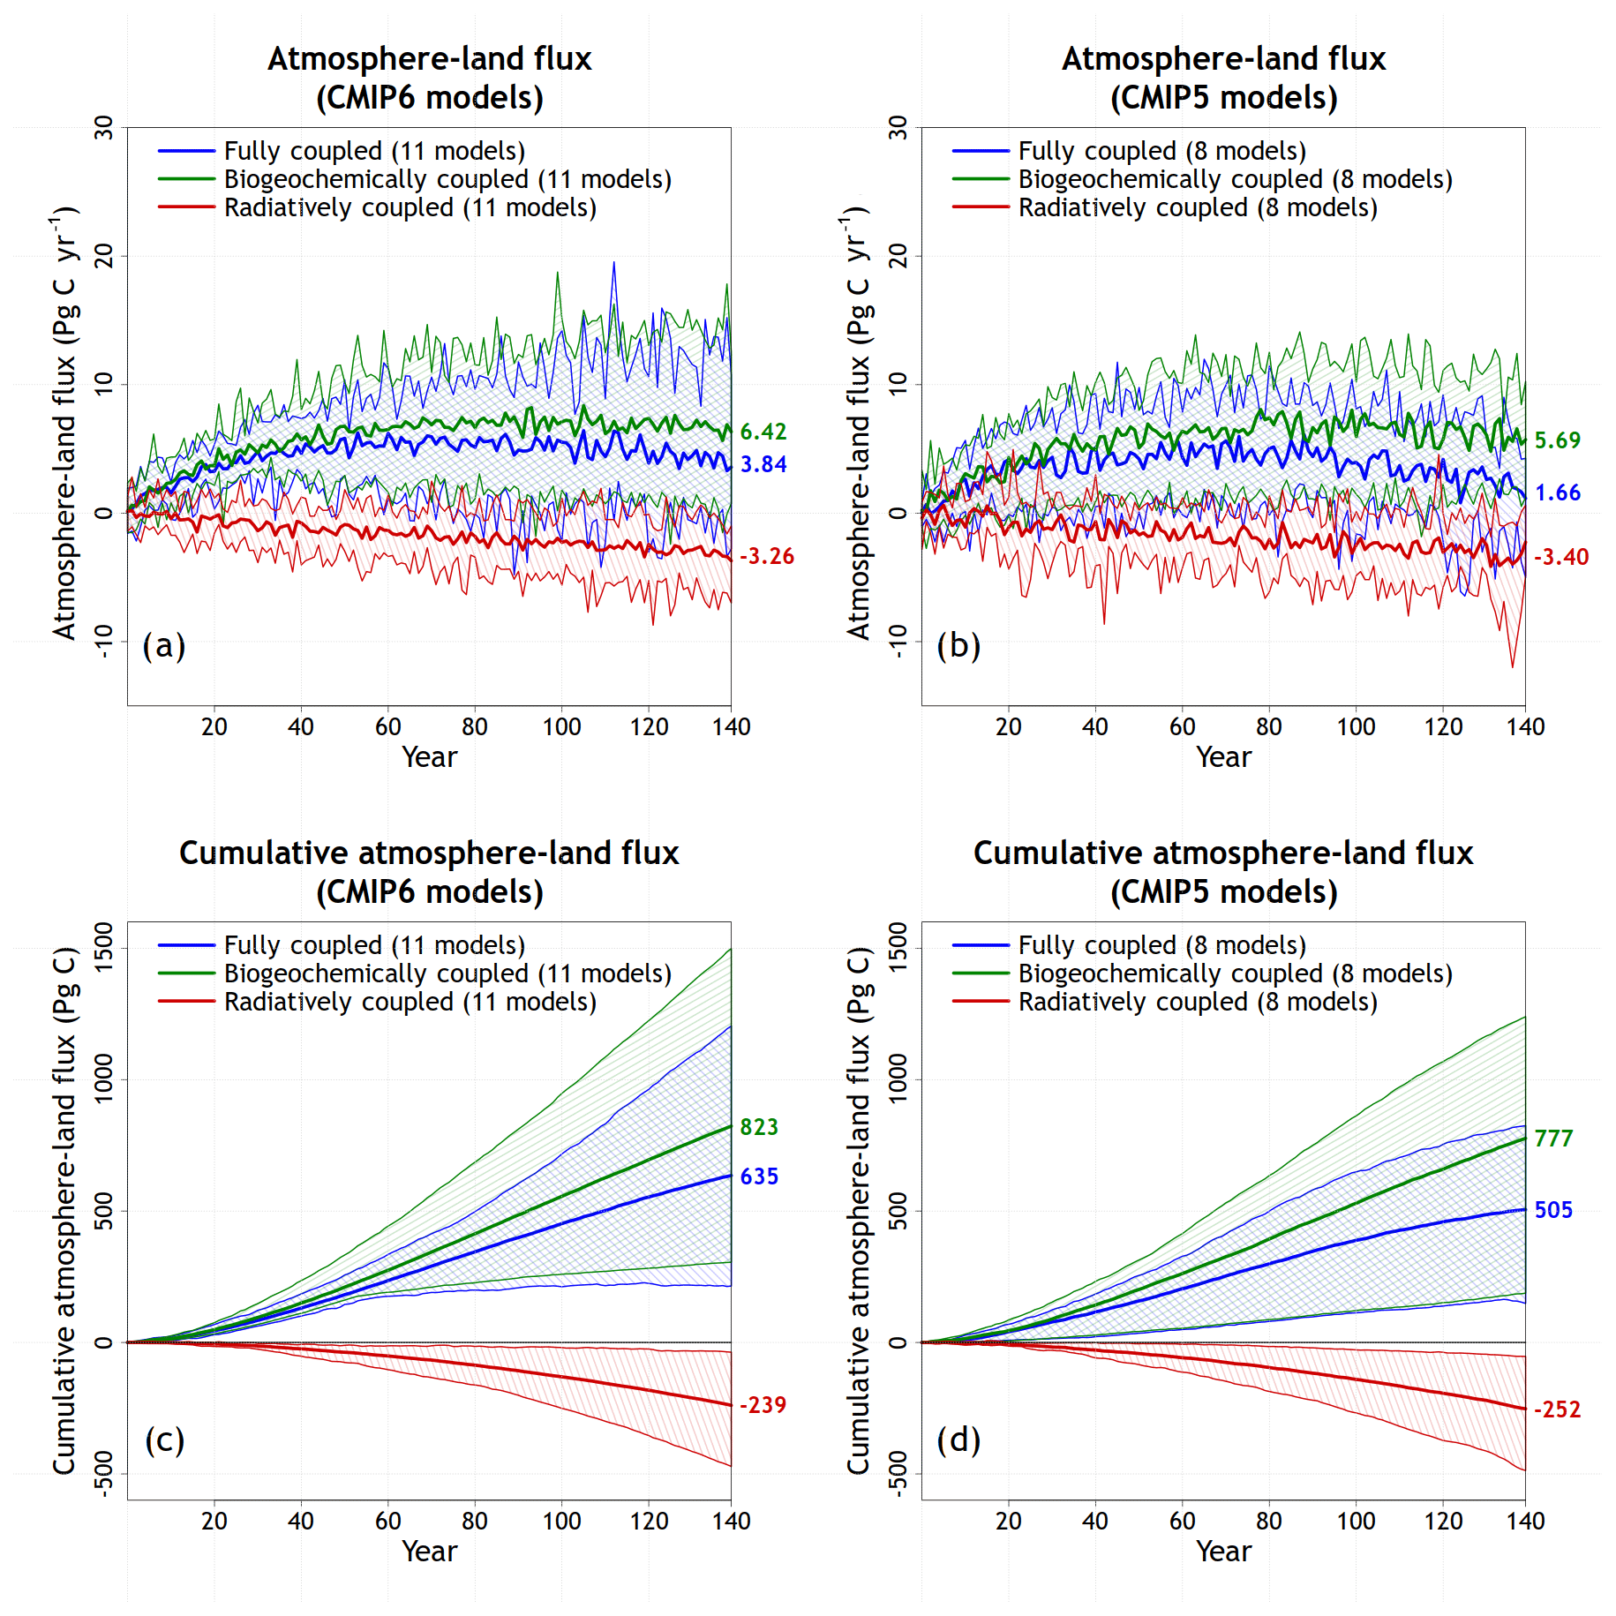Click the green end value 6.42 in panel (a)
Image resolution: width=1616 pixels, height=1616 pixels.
(x=763, y=432)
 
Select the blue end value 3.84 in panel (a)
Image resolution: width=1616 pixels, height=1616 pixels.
(x=763, y=464)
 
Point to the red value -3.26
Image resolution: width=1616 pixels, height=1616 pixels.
(x=766, y=556)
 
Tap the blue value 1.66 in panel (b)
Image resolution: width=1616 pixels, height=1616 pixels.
(x=1557, y=492)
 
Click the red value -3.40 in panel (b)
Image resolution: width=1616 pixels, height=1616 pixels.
(x=1560, y=557)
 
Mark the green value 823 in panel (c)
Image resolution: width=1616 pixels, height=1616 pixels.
(x=759, y=1127)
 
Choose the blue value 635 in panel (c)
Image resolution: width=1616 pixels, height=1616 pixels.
(x=759, y=1176)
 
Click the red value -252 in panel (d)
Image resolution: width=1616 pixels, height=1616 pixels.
(x=1557, y=1409)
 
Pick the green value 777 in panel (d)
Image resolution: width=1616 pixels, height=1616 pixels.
(x=1553, y=1139)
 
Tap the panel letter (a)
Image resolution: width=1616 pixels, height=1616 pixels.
(x=164, y=645)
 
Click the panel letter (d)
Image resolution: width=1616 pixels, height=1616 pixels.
(x=958, y=1439)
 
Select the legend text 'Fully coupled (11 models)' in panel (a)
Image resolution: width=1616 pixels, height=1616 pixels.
(x=374, y=151)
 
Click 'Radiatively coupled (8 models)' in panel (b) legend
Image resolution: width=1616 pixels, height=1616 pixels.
(x=1198, y=207)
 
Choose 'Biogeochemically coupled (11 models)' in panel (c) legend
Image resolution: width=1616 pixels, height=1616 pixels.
(x=447, y=973)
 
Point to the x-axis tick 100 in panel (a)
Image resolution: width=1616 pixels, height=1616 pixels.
(x=561, y=727)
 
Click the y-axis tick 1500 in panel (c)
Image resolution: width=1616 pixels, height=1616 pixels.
(x=104, y=948)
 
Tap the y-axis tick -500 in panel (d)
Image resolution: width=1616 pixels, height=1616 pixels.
(x=898, y=1473)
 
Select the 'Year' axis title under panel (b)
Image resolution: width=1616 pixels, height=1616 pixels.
(x=1223, y=757)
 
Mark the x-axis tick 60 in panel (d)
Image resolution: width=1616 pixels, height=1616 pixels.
(x=1182, y=1522)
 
